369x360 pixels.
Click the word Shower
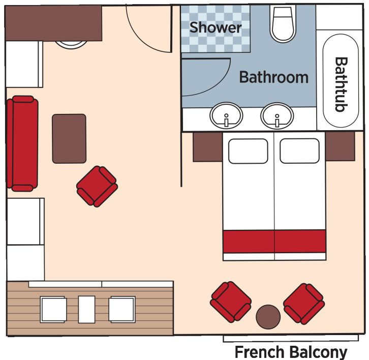pyautogui.click(x=216, y=27)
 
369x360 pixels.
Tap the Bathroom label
pyautogui.click(x=273, y=77)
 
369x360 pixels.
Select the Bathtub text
pyautogui.click(x=341, y=84)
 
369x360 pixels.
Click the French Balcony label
pyautogui.click(x=291, y=352)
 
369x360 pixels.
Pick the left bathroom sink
pyautogui.click(x=227, y=116)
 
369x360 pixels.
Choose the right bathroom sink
pyautogui.click(x=277, y=116)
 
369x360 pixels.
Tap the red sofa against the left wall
pyautogui.click(x=22, y=143)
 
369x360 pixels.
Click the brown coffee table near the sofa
pyautogui.click(x=69, y=138)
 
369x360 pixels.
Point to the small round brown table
pyautogui.click(x=268, y=317)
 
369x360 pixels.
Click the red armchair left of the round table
pyautogui.click(x=231, y=302)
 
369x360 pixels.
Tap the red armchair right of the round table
pyautogui.click(x=303, y=304)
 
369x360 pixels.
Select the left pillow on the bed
pyautogui.click(x=248, y=151)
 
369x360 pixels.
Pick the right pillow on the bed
pyautogui.click(x=299, y=151)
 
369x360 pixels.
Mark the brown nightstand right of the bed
pyautogui.click(x=340, y=146)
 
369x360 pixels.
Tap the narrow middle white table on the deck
pyautogui.click(x=87, y=309)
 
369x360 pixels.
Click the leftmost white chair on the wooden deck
pyautogui.click(x=53, y=309)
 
